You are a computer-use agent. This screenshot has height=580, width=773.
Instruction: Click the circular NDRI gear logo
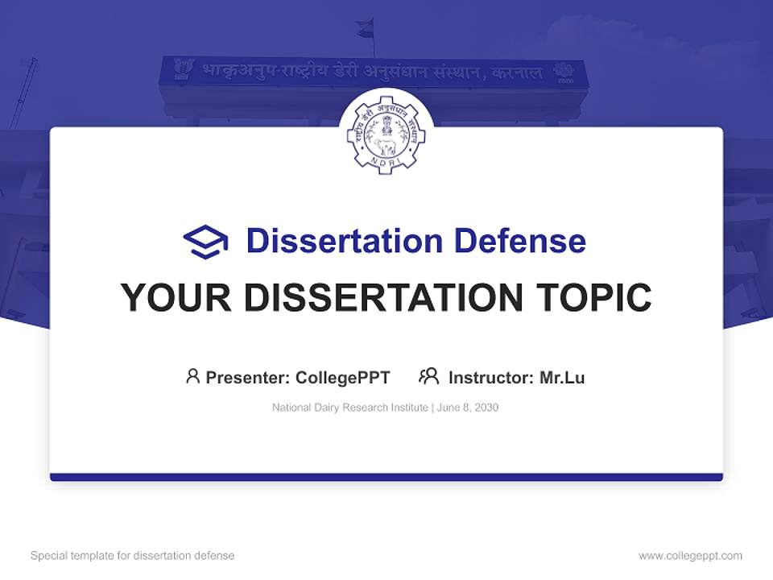(x=386, y=132)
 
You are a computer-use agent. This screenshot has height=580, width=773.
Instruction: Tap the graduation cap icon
(x=205, y=242)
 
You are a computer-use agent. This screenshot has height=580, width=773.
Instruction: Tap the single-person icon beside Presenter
(x=192, y=376)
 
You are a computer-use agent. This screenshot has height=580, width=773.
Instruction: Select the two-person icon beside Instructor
(x=429, y=376)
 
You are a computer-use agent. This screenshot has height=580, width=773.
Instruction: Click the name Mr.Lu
(x=562, y=378)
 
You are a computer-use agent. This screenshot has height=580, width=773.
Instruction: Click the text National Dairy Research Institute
(x=350, y=408)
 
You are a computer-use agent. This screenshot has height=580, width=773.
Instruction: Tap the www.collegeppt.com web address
(x=690, y=556)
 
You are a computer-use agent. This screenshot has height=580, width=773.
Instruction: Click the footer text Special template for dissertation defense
(x=133, y=556)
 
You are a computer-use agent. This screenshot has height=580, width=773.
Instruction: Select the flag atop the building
(x=366, y=29)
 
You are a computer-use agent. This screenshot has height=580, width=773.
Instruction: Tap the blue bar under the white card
(x=386, y=477)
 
